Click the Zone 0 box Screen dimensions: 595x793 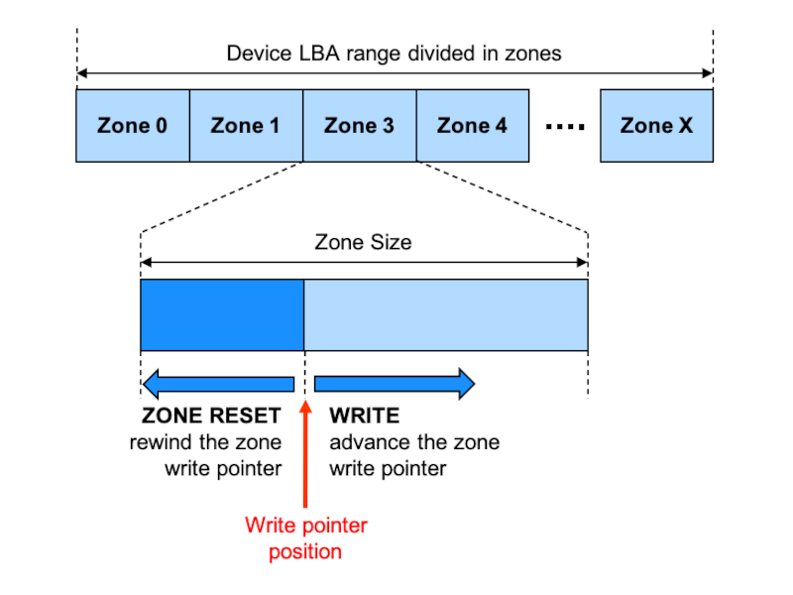132,125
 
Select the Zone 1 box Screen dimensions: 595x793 245,125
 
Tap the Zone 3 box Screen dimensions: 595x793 359,125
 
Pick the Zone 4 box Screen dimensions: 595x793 472,125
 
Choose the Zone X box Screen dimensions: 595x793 656,125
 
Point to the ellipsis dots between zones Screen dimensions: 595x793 565,127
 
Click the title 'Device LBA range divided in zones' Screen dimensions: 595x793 394,54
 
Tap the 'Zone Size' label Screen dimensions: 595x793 363,242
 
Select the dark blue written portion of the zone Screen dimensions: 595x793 221,314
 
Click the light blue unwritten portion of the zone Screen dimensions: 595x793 445,314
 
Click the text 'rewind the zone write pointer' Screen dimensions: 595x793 206,455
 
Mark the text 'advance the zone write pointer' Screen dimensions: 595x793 414,455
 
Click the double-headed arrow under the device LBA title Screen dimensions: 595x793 394,73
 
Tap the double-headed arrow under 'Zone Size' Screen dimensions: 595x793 363,263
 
